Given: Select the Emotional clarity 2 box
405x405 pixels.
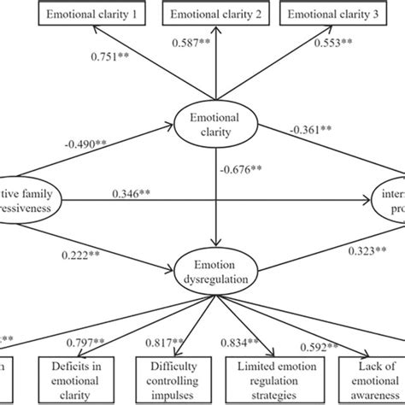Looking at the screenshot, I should point(214,15).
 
